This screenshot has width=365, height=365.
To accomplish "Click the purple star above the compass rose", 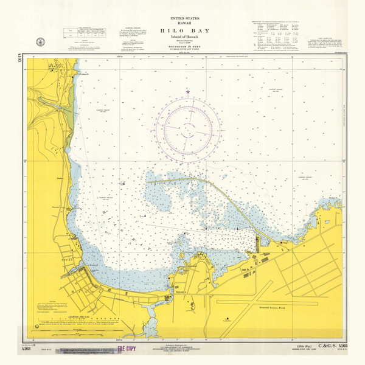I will (x=188, y=92).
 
